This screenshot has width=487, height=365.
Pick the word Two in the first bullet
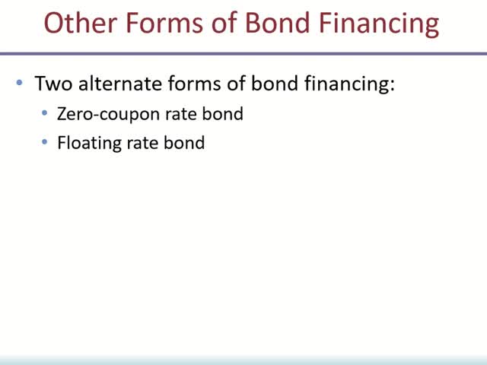pyautogui.click(x=52, y=84)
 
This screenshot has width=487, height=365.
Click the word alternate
pyautogui.click(x=113, y=84)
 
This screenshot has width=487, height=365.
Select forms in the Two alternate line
pyautogui.click(x=188, y=84)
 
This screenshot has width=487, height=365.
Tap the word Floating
pyautogui.click(x=87, y=143)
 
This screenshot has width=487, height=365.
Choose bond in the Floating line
pyautogui.click(x=185, y=142)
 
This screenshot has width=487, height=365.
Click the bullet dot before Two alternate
pyautogui.click(x=20, y=84)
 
